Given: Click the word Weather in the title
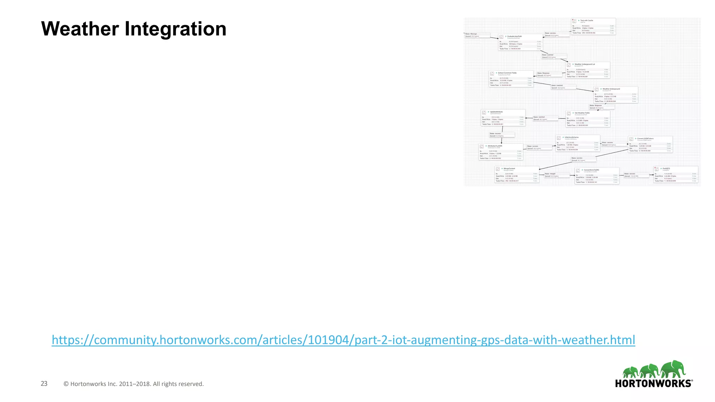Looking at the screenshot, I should [x=80, y=29].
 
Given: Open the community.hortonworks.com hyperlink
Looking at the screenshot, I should [x=343, y=340].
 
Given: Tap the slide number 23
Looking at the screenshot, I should [x=44, y=384].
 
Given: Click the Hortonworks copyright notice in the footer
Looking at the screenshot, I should [x=133, y=384].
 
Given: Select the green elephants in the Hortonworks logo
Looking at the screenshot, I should [x=654, y=370].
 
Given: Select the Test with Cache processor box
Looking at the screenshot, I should [x=593, y=27].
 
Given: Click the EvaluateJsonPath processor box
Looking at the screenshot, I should [x=520, y=42].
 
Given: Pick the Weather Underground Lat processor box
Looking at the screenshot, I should [x=588, y=70].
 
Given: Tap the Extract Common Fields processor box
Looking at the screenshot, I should [x=511, y=79].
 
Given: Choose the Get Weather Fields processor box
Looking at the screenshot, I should [x=588, y=119].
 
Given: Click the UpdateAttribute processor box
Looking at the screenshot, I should [x=503, y=118].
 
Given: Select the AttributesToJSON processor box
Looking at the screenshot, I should [x=501, y=152].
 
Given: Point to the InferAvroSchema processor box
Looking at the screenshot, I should [x=578, y=143].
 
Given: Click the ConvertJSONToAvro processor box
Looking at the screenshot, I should [x=650, y=144].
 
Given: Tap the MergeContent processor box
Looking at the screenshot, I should [x=517, y=174].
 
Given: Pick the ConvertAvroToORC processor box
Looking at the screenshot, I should [x=597, y=176].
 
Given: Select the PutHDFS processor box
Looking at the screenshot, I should [x=676, y=174].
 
